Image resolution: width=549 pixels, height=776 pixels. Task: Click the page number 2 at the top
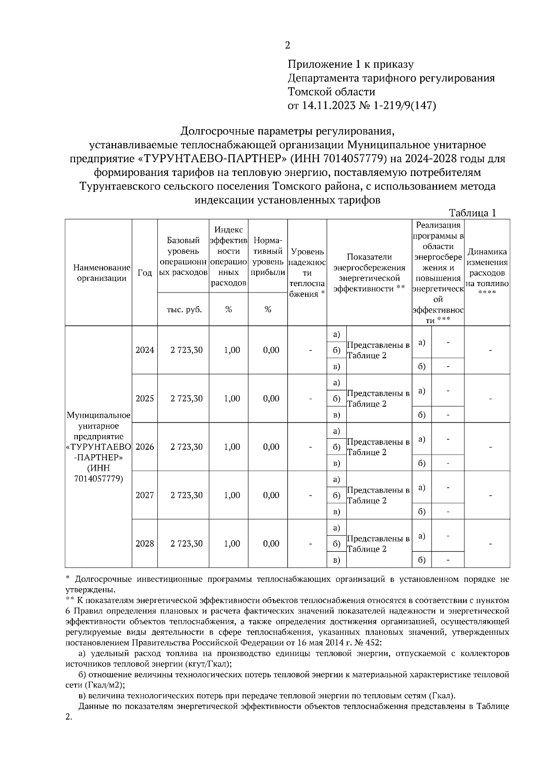point(287,45)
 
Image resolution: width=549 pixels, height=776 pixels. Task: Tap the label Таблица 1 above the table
point(473,213)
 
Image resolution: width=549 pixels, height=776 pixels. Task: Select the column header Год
point(145,273)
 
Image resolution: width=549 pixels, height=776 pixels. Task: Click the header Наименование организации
point(98,273)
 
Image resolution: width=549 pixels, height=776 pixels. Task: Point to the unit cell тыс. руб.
point(183,309)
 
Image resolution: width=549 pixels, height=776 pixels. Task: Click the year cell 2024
point(145,350)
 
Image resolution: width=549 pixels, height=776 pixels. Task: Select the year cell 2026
point(145,447)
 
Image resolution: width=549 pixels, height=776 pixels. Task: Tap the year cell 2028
point(145,544)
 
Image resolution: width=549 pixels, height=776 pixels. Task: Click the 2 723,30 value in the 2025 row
point(186,399)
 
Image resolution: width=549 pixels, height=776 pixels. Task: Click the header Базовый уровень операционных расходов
point(183,256)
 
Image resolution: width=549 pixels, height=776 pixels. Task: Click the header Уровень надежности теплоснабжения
point(307,273)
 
